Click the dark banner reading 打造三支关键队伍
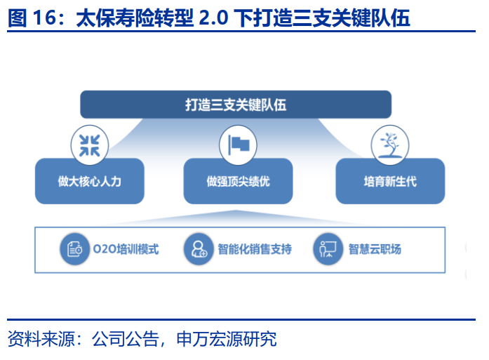point(236,105)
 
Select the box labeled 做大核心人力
point(90,181)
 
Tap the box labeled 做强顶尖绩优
point(238,181)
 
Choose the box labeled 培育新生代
point(390,181)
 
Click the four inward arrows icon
point(90,145)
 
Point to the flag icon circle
point(238,145)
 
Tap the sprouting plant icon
point(390,145)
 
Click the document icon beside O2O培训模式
point(75,249)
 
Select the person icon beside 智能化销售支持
point(199,249)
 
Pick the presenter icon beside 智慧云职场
point(328,249)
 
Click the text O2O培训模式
point(126,249)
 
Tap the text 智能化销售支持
point(255,249)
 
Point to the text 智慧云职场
point(375,249)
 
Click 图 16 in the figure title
point(32,18)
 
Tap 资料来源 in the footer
point(41,338)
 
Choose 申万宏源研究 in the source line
point(227,338)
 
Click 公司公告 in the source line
point(126,338)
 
